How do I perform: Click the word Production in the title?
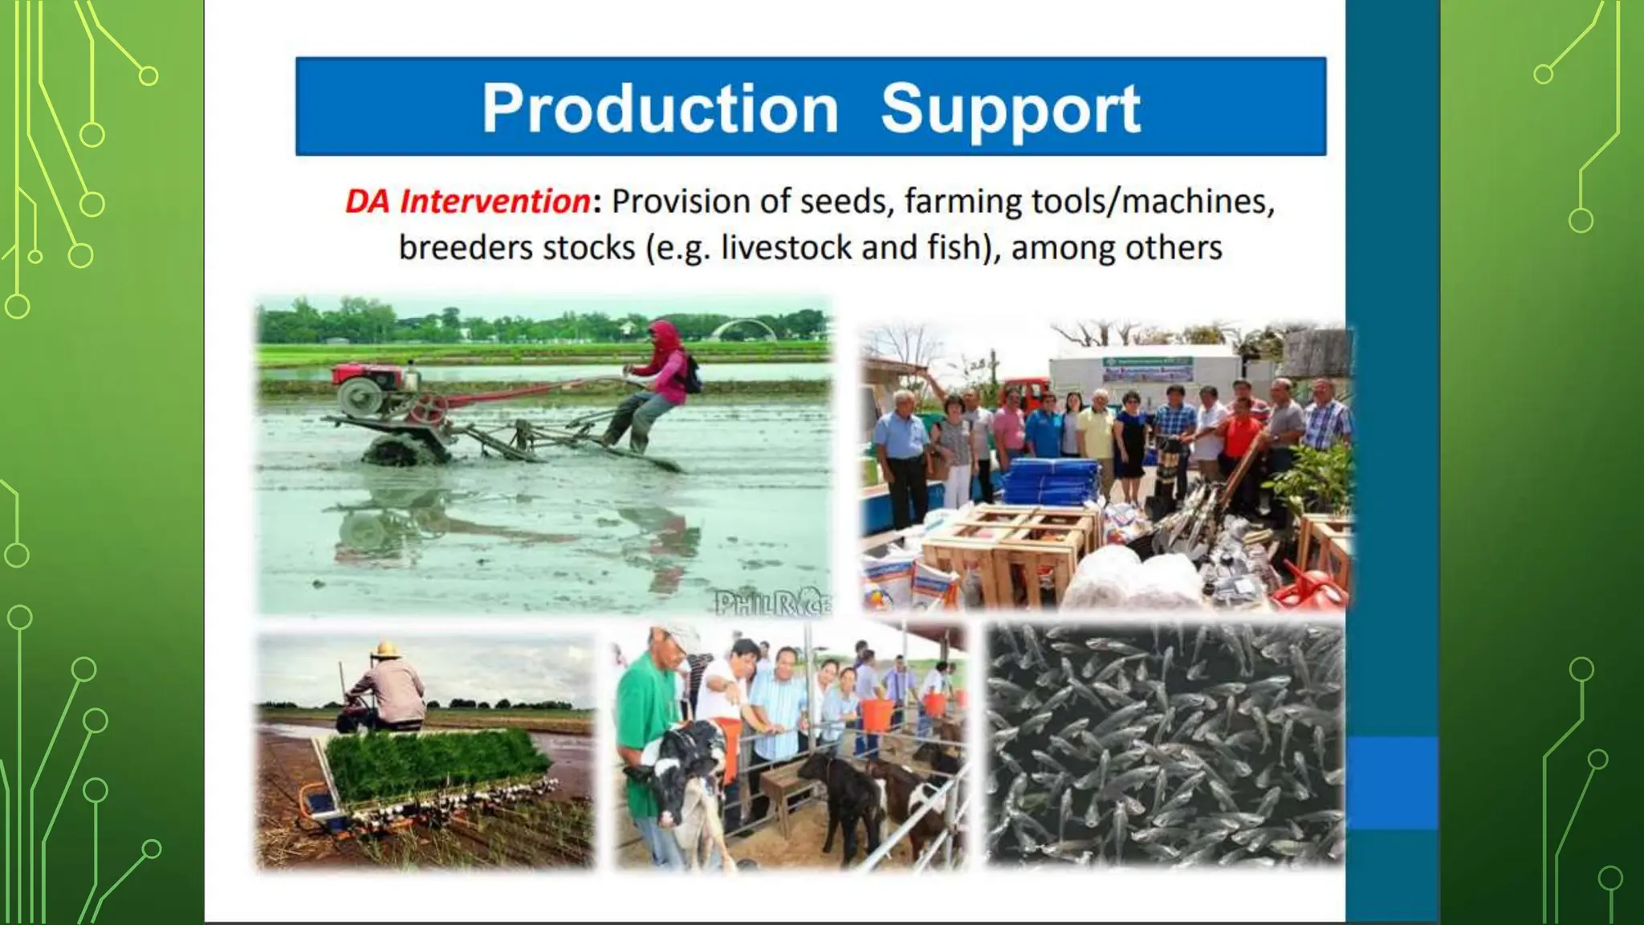click(x=660, y=109)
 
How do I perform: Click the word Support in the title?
click(x=1010, y=109)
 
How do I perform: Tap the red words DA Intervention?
click(x=467, y=201)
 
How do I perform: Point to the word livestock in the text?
click(x=787, y=247)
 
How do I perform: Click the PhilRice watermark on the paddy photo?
click(x=772, y=603)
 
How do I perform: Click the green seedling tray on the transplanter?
click(x=437, y=759)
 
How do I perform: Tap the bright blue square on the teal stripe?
click(x=1392, y=783)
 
